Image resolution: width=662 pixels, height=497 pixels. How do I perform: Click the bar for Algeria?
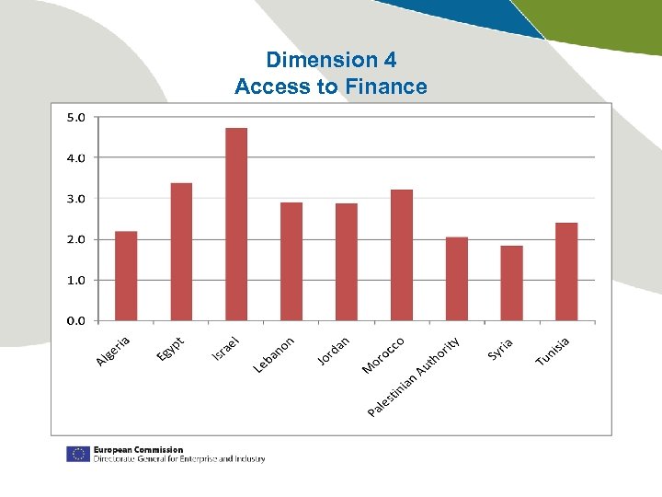(126, 275)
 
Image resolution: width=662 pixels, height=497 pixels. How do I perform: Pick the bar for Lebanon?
(291, 261)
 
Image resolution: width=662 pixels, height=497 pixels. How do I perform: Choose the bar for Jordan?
(347, 261)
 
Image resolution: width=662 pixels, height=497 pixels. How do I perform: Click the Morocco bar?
(402, 255)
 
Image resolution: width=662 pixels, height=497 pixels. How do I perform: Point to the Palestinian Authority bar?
(457, 279)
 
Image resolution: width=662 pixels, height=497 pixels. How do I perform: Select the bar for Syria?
(512, 283)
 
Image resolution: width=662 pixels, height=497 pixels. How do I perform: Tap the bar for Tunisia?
(566, 272)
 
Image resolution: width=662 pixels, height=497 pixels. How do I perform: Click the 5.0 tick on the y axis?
(75, 117)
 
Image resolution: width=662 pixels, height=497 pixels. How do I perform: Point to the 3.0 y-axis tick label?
(75, 198)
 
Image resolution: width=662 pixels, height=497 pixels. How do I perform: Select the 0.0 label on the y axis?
(75, 320)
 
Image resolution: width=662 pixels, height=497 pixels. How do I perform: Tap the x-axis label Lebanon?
(274, 354)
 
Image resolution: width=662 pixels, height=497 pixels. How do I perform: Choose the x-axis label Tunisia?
(553, 350)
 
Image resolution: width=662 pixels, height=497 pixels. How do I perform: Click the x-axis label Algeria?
(113, 351)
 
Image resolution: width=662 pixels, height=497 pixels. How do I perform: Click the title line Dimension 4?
(331, 60)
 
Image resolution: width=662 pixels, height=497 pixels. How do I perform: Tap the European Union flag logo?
(77, 454)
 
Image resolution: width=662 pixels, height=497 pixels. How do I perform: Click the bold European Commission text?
(138, 449)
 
